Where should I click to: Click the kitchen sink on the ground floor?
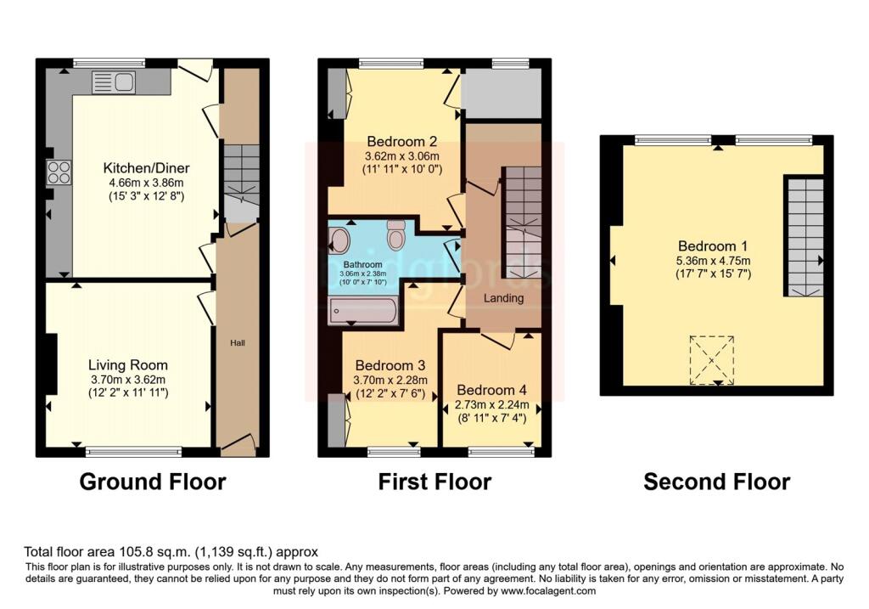[x=123, y=82]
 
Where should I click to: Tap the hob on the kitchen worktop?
[x=59, y=172]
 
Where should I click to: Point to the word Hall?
[x=236, y=342]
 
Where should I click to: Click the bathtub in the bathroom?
[x=364, y=311]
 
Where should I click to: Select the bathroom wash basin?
[x=339, y=240]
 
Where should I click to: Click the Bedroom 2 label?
[x=401, y=141]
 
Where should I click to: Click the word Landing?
[x=503, y=298]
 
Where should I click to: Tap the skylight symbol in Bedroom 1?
[x=711, y=359]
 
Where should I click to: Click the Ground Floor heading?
[x=153, y=482]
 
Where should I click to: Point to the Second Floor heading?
[x=716, y=482]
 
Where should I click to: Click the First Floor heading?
[x=434, y=482]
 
